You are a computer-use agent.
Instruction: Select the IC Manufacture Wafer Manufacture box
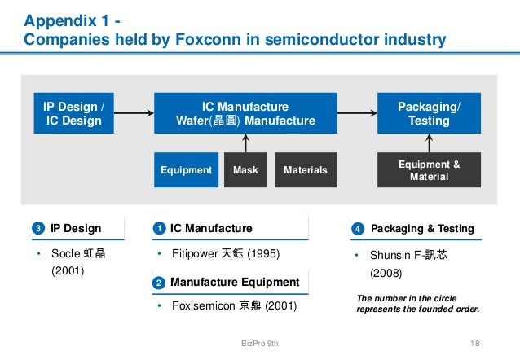[x=245, y=113]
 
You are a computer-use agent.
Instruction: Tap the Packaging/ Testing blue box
[x=429, y=113]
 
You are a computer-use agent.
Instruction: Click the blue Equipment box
[x=187, y=170]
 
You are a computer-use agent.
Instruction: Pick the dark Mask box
[x=245, y=170]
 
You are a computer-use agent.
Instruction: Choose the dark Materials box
[x=306, y=170]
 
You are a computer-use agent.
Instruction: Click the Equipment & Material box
[x=429, y=170]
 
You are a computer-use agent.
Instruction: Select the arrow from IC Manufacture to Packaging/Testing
[x=356, y=113]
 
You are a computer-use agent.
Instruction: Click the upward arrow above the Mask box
[x=245, y=143]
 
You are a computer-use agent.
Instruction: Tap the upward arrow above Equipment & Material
[x=429, y=143]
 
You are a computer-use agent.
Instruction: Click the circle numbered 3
[x=37, y=229]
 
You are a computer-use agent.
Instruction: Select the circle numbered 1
[x=160, y=229]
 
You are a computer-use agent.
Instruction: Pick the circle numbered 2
[x=160, y=283]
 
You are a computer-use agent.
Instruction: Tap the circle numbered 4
[x=356, y=229]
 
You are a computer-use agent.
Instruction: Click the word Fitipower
[x=194, y=254]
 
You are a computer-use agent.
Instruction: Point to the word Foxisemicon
[x=203, y=306]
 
